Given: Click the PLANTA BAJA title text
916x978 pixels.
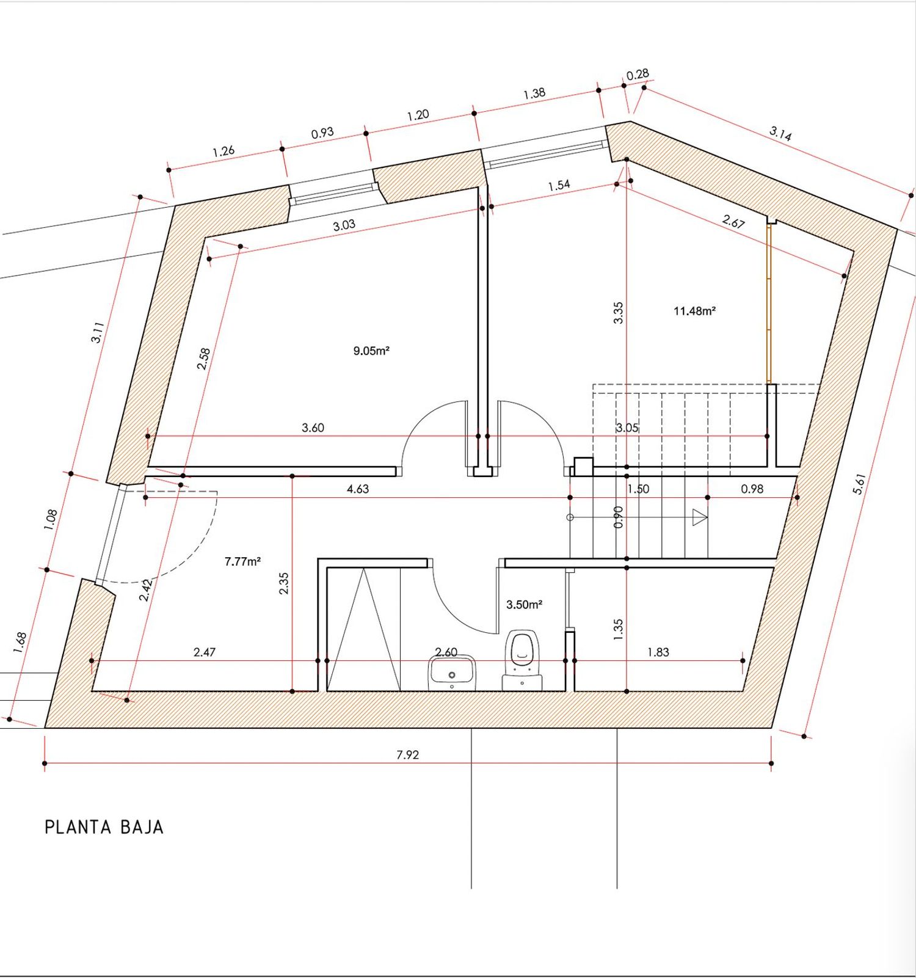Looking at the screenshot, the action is (104, 828).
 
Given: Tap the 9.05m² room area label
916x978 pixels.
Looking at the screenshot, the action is (371, 351).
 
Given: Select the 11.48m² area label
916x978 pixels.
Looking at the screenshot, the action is (694, 311).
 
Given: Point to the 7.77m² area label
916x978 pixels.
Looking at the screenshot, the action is (243, 561).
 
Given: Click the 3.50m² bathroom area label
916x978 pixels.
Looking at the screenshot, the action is (525, 605).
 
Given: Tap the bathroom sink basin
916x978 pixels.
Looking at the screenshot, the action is (452, 673).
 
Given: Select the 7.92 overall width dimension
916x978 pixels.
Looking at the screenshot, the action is (408, 755).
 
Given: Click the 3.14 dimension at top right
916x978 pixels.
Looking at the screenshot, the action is (780, 133).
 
